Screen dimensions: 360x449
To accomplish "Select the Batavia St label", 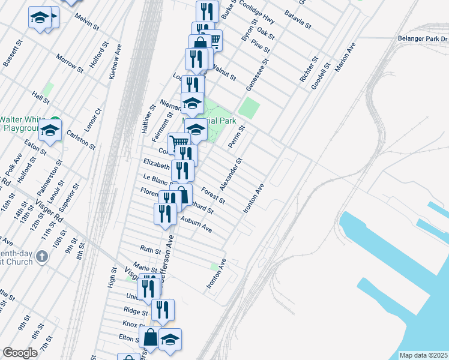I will coord(298,19).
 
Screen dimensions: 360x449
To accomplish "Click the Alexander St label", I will coord(234,172).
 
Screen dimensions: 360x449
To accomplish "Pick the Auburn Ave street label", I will coord(196,226).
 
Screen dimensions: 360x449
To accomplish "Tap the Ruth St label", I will coord(150,249).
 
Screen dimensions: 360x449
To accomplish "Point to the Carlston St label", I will coord(81,139).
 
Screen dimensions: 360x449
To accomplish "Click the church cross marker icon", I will coord(41,257).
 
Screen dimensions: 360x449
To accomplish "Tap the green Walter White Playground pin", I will coord(55,119).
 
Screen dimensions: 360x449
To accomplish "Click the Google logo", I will coord(20,353).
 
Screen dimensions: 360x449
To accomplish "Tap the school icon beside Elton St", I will coord(170,339).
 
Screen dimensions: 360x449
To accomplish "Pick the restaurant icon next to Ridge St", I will coord(162,310).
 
